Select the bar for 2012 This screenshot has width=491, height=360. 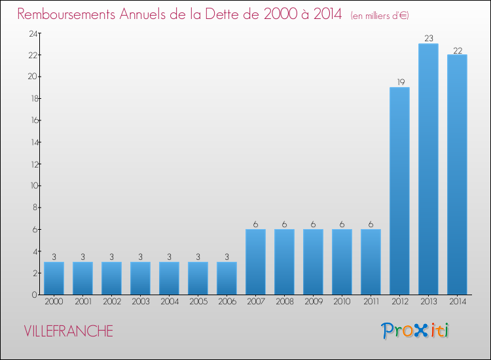coord(399,190)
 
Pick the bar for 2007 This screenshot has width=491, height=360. coord(255,262)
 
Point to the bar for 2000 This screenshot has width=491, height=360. coord(54,278)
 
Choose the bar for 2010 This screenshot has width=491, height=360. coord(342,262)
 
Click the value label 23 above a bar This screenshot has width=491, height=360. coord(428,39)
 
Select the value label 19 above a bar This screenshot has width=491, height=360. coord(399,82)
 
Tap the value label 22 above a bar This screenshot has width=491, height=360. coord(457,50)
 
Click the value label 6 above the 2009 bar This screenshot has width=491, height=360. coord(313,224)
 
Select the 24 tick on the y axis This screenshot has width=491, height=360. coord(31,33)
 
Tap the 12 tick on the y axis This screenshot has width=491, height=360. coord(31,164)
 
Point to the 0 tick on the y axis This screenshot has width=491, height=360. coord(33,295)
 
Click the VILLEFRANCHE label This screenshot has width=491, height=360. coord(68,331)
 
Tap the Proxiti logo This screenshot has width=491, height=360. coord(415,331)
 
